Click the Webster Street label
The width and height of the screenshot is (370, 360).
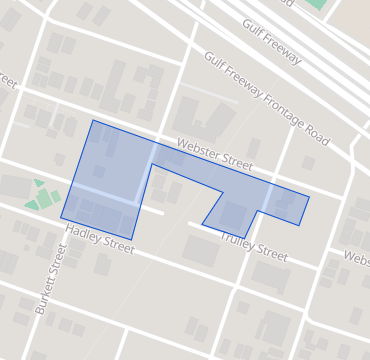click(214, 154)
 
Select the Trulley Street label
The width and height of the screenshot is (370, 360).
click(253, 247)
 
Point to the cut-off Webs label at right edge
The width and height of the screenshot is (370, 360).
click(357, 257)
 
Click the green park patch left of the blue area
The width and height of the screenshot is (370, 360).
click(43, 195)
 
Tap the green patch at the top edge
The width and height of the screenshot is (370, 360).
click(317, 4)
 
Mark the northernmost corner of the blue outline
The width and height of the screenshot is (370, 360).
click(93, 121)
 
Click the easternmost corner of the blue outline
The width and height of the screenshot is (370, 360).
click(309, 196)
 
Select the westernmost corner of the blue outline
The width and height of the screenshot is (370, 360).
click(61, 217)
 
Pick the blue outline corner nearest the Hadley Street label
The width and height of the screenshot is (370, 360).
click(131, 240)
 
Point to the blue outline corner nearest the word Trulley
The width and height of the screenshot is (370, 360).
click(245, 238)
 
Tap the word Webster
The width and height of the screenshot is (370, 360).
click(197, 149)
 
